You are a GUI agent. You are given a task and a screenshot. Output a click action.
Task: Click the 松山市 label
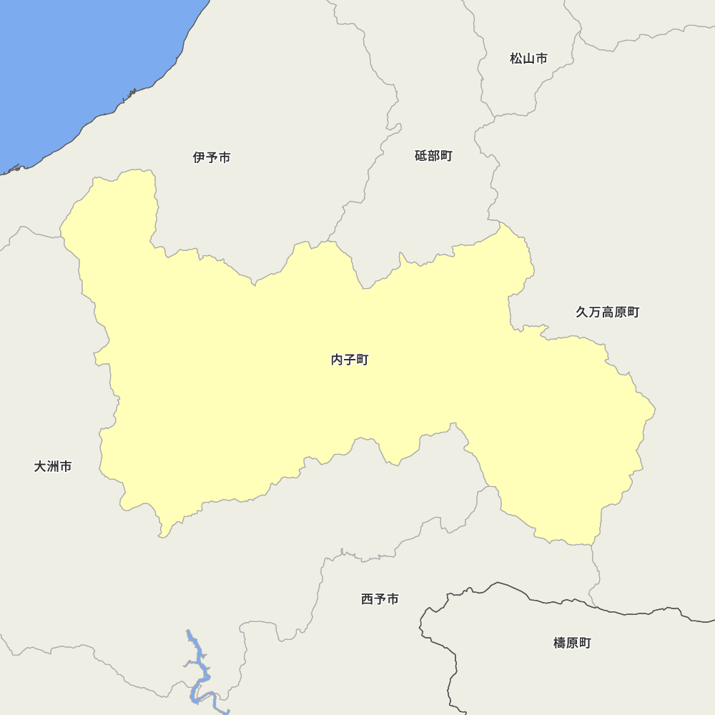pos(528,59)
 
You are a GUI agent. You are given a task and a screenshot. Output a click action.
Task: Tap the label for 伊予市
pos(212,157)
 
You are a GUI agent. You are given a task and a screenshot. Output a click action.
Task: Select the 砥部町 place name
pos(433,156)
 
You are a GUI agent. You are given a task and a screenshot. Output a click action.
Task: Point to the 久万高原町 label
pos(607,312)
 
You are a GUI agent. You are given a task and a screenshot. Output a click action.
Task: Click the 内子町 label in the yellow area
pos(350,360)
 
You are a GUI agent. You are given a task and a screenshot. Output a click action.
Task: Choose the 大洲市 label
pos(53,466)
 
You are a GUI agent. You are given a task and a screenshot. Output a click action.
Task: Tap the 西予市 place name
pos(380,599)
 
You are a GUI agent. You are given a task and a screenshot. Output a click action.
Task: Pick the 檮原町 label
pos(572,643)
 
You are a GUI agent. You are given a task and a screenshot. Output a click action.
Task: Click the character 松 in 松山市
pos(516,59)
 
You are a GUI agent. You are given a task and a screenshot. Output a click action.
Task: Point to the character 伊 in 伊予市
pos(199,157)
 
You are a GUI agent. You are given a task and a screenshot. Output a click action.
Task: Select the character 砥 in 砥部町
pos(421,156)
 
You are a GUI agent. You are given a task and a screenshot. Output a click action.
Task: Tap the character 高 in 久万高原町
pos(607,312)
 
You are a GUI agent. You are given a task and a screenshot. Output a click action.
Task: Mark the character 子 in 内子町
pos(350,360)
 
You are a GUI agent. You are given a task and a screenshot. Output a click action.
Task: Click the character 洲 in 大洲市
pos(53,466)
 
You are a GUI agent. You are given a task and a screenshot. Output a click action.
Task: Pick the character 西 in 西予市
pos(368,599)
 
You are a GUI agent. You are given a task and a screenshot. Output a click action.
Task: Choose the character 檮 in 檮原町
pos(560,643)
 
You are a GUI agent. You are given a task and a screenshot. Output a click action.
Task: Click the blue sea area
pos(71,64)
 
